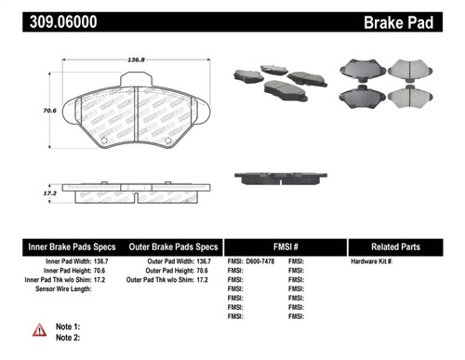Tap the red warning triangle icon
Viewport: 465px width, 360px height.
click(x=39, y=329)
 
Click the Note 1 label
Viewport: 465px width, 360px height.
click(x=69, y=327)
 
